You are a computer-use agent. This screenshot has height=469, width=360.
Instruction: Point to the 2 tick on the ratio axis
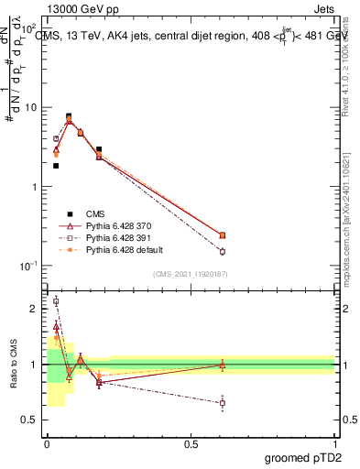[34, 309]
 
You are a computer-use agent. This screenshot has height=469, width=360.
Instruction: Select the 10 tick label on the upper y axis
[29, 107]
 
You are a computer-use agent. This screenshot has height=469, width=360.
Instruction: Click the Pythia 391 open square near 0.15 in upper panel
[222, 251]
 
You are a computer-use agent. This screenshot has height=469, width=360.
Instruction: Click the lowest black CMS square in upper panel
[56, 166]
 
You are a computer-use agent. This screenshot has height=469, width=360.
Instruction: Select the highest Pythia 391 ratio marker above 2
[56, 300]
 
